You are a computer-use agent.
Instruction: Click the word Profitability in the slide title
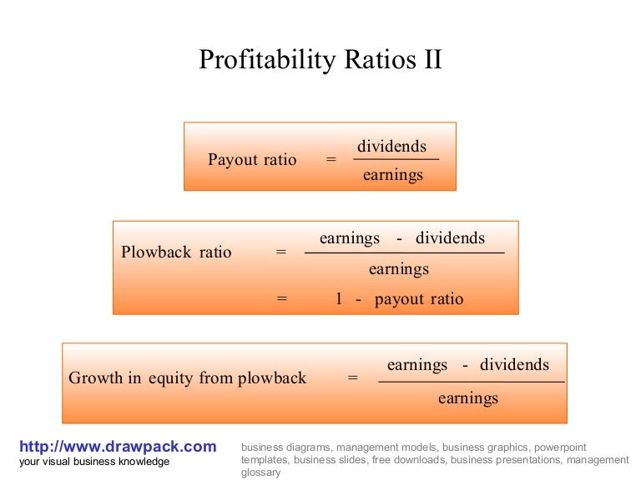tap(265, 60)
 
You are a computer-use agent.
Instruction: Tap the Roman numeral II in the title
tap(429, 60)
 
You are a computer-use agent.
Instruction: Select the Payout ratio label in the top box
tap(252, 160)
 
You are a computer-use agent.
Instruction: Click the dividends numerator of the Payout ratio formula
tap(391, 147)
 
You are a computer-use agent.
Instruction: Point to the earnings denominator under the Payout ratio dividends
tap(392, 175)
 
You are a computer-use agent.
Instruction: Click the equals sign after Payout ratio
tap(331, 160)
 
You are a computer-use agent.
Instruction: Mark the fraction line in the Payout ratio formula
tap(396, 160)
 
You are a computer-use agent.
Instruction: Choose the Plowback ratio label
tap(176, 252)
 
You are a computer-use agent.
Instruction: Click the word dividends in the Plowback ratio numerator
tap(450, 238)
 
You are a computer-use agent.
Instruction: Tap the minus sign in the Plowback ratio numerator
tap(400, 239)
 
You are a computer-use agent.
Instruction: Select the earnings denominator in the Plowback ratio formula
tap(398, 269)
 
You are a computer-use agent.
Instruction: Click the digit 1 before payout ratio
tap(339, 299)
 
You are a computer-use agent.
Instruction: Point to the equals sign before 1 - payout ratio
tap(281, 299)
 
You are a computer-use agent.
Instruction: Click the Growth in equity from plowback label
tap(188, 378)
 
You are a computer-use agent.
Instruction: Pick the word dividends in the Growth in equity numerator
tap(514, 365)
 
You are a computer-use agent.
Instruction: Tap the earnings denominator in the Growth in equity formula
tap(467, 398)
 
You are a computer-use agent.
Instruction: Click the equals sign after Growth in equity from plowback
tap(352, 378)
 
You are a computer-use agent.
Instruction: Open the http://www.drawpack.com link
tap(118, 447)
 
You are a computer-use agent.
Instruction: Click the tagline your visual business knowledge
tap(94, 462)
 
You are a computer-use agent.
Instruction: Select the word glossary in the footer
tap(260, 472)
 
